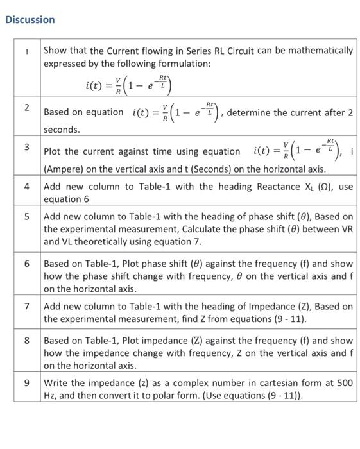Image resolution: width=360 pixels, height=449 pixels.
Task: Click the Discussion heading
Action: pyautogui.click(x=30, y=19)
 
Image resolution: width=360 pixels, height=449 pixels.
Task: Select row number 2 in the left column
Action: pyautogui.click(x=27, y=107)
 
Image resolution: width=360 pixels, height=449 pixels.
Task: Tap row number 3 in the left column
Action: pyautogui.click(x=27, y=147)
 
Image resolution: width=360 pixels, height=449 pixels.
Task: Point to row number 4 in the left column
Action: pyautogui.click(x=27, y=187)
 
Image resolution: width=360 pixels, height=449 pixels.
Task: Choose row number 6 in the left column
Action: pyautogui.click(x=27, y=264)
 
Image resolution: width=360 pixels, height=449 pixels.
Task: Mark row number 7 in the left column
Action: pyautogui.click(x=27, y=307)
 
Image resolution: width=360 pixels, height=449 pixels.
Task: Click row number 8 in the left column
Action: pyautogui.click(x=27, y=341)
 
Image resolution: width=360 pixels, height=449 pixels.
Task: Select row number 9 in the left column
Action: pyautogui.click(x=27, y=383)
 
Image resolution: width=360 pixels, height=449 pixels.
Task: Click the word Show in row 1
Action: pyautogui.click(x=55, y=51)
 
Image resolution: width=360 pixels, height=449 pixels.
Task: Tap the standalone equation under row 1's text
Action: pyautogui.click(x=129, y=84)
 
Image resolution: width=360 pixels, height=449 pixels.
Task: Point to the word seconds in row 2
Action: pyautogui.click(x=61, y=130)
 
